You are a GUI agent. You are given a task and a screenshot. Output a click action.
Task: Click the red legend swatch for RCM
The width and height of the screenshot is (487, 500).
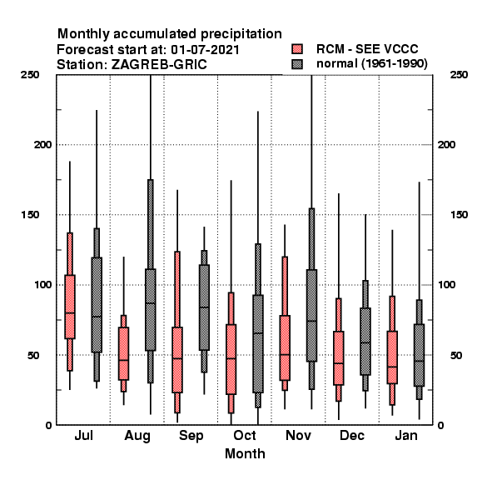pos(297,49)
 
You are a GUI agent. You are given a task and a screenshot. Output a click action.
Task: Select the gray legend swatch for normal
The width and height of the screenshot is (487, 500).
pos(297,64)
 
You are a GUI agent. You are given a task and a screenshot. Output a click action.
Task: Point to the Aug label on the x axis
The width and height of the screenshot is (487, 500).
pos(137,436)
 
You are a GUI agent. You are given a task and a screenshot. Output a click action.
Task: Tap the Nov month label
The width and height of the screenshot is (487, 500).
pos(298,435)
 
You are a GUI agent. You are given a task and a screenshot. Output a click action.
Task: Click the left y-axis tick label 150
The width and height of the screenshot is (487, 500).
pos(30,215)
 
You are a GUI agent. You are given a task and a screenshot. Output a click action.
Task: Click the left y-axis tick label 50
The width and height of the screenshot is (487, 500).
pos(33,355)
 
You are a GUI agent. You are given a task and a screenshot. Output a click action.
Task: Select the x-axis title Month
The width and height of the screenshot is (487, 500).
pos(245,454)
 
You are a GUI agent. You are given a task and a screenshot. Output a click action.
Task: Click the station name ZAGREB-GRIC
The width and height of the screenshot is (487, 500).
pos(159,65)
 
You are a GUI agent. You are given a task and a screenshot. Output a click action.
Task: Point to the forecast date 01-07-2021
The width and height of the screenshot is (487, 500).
pos(205,50)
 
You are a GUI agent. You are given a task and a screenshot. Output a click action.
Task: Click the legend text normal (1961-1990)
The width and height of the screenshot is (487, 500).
pos(371,64)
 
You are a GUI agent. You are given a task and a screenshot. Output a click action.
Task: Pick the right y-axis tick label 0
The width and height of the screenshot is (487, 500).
pos(440,425)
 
